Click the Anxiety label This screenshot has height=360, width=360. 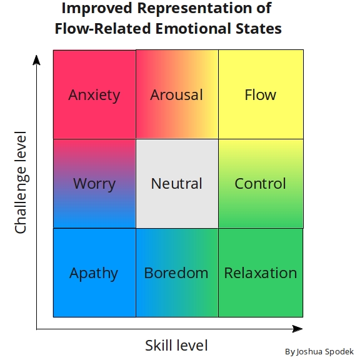pyautogui.click(x=94, y=95)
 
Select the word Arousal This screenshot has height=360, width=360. pyautogui.click(x=176, y=95)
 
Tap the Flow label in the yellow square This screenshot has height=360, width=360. pyautogui.click(x=260, y=95)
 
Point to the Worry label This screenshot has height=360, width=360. pyautogui.click(x=94, y=184)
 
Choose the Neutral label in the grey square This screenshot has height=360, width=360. pyautogui.click(x=176, y=184)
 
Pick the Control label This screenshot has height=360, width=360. pyautogui.click(x=260, y=184)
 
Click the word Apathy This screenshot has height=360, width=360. pyautogui.click(x=94, y=273)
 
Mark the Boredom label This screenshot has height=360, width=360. pyautogui.click(x=176, y=273)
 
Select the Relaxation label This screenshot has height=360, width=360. pyautogui.click(x=260, y=273)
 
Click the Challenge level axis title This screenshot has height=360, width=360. pyautogui.click(x=21, y=183)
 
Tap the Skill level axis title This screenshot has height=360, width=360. pyautogui.click(x=176, y=345)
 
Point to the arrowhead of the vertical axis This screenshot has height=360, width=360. pyautogui.click(x=37, y=60)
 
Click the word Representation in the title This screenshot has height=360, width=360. pyautogui.click(x=201, y=9)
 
